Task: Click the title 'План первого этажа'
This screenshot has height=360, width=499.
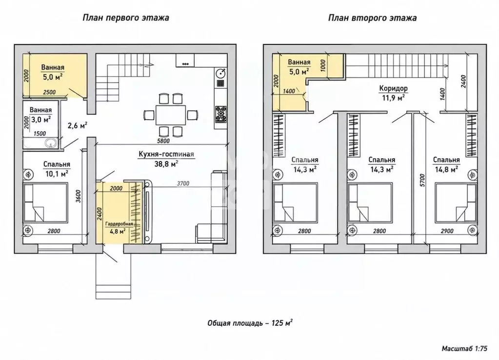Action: click(126, 18)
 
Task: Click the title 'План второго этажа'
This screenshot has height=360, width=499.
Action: click(372, 18)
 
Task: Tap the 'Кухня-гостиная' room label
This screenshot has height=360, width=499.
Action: click(166, 154)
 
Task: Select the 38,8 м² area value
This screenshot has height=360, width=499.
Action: click(166, 163)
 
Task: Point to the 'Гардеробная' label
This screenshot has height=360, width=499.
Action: click(120, 224)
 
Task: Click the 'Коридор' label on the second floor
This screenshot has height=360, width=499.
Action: click(393, 88)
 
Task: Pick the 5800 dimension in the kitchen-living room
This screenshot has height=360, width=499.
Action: click(163, 140)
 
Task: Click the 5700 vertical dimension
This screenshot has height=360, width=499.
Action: click(422, 180)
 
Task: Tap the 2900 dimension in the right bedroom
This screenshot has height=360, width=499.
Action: click(447, 231)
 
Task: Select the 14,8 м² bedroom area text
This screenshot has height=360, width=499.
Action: click(446, 169)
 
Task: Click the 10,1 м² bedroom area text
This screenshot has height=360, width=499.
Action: click(57, 174)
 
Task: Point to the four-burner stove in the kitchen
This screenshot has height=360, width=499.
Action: click(220, 114)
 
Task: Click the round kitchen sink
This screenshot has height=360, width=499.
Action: click(221, 74)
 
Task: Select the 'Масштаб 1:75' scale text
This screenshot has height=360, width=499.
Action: click(464, 349)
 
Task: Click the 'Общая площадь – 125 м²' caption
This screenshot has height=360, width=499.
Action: click(250, 323)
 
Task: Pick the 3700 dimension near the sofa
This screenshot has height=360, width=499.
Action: click(183, 183)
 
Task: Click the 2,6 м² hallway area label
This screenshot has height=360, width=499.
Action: click(78, 125)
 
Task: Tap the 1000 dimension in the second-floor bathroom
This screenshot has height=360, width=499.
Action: click(323, 65)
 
